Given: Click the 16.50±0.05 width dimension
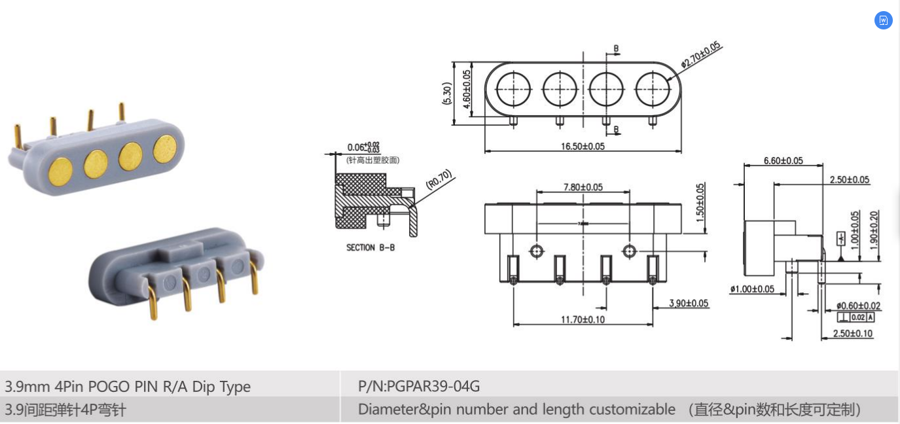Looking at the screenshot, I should pyautogui.click(x=583, y=146).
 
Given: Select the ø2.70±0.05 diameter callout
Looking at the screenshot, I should pyautogui.click(x=700, y=55).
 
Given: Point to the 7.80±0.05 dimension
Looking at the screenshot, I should pyautogui.click(x=583, y=187).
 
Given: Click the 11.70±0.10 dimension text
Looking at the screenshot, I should pyautogui.click(x=583, y=319).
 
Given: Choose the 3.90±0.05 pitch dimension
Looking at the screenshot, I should pyautogui.click(x=689, y=303).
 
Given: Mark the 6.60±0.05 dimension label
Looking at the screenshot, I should pyautogui.click(x=783, y=161).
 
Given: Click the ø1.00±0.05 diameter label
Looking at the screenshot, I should pyautogui.click(x=752, y=289).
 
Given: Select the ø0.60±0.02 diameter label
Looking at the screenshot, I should pyautogui.click(x=858, y=306).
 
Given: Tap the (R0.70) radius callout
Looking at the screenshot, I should pyautogui.click(x=439, y=180).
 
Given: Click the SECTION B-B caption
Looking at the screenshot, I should pyautogui.click(x=370, y=248).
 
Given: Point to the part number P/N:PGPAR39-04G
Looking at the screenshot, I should pyautogui.click(x=419, y=386).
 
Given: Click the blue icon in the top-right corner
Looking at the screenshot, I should pyautogui.click(x=883, y=20).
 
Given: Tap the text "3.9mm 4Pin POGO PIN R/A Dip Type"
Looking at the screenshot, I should pyautogui.click(x=128, y=386).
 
